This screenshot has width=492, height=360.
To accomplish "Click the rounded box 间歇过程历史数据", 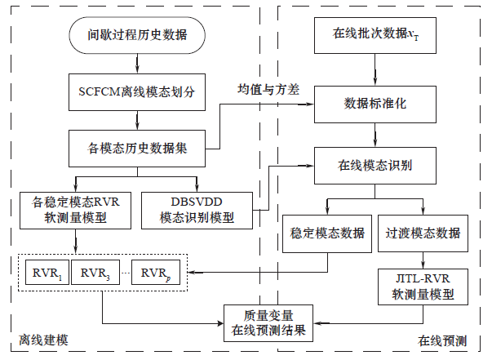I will (x=136, y=35).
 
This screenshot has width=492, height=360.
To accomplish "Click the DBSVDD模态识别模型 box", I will (x=195, y=209).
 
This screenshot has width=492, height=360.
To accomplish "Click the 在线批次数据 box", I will (x=375, y=35).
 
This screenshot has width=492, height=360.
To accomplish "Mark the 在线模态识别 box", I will (x=375, y=165).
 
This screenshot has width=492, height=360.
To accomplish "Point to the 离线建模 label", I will (x=41, y=338).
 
